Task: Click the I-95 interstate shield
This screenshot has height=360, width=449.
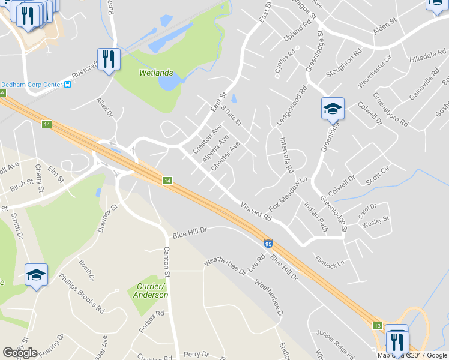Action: click(x=267, y=244)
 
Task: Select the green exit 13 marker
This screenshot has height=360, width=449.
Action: click(x=376, y=326)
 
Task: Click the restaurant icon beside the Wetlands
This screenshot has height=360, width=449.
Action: click(x=109, y=59)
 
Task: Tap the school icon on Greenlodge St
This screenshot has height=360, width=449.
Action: click(x=333, y=109)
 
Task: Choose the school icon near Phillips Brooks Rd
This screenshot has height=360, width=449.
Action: click(x=36, y=275)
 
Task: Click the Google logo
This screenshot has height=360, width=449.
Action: click(x=20, y=353)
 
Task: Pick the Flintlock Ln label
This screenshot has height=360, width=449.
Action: click(x=330, y=262)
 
